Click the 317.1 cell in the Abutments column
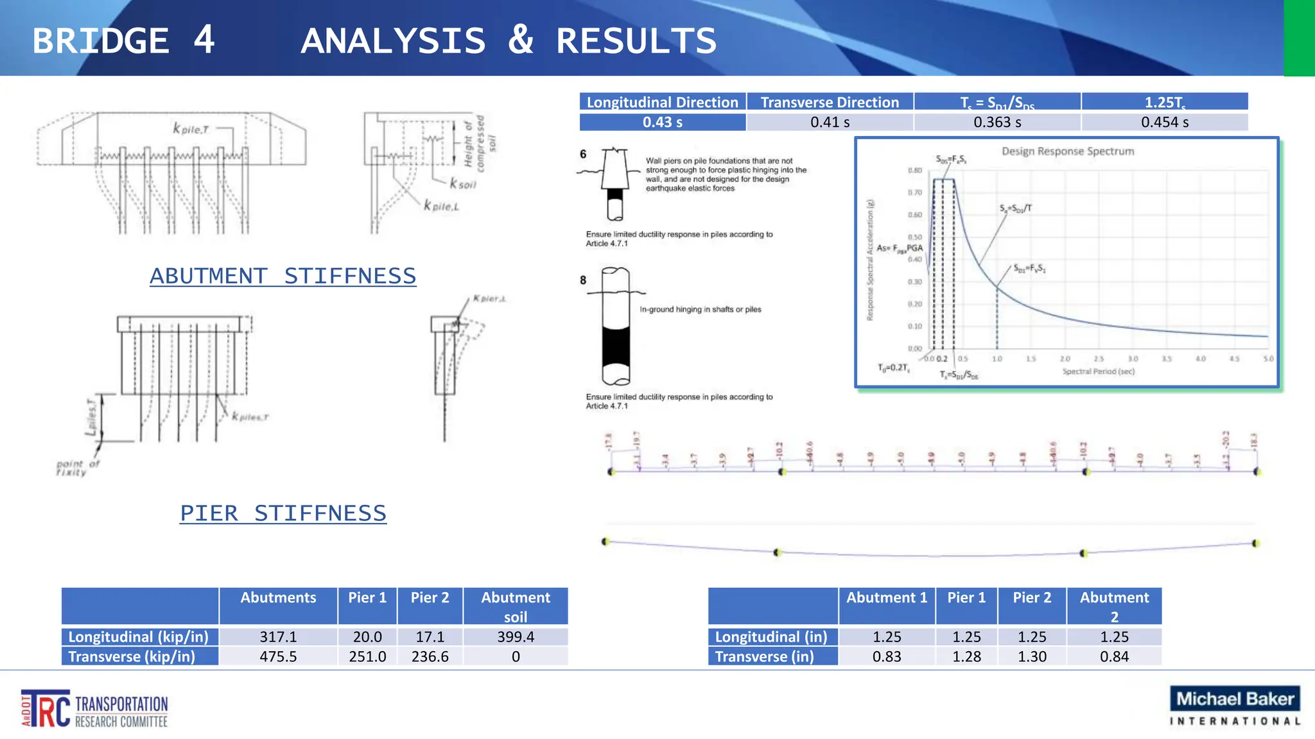click(x=278, y=636)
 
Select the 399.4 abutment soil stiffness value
click(x=516, y=636)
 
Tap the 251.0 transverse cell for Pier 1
click(x=367, y=656)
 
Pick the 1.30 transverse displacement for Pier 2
click(x=1032, y=656)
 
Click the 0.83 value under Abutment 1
click(x=887, y=656)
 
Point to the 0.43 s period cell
click(x=663, y=122)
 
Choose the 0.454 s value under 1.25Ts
click(x=1165, y=122)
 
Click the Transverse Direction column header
click(x=830, y=102)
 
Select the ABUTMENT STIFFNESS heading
click(x=283, y=276)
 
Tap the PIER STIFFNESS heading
click(x=283, y=513)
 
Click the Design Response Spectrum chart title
click(x=1068, y=151)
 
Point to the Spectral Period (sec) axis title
click(x=1098, y=371)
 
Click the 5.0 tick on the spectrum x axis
click(x=1268, y=359)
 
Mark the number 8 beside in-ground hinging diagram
click(x=583, y=280)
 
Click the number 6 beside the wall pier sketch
click(x=583, y=154)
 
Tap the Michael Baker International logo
click(x=1235, y=706)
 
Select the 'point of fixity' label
click(x=77, y=468)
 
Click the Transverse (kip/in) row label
click(x=132, y=656)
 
